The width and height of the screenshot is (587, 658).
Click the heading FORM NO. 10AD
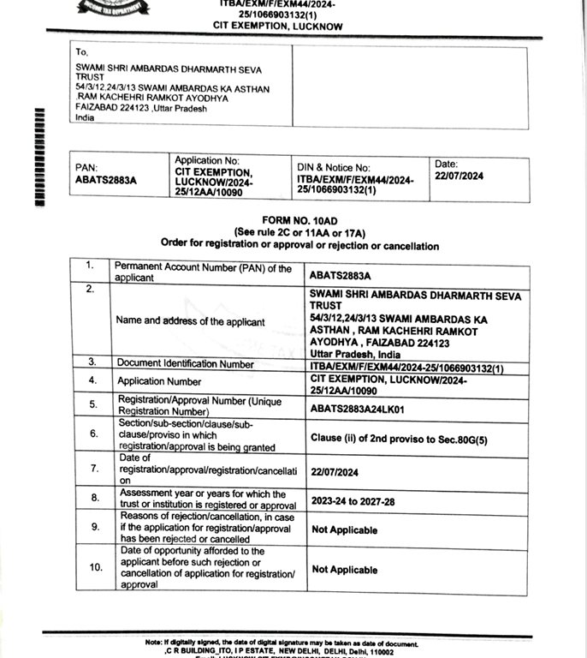(x=299, y=221)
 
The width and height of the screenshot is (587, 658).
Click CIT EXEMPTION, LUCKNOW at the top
(x=278, y=27)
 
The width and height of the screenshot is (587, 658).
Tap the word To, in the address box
(x=82, y=52)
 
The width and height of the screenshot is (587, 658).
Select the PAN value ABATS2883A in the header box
(x=106, y=180)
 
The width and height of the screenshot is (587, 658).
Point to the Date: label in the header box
(x=447, y=164)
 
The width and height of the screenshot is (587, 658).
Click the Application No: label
(x=207, y=160)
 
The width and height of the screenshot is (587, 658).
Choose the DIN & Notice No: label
(x=334, y=168)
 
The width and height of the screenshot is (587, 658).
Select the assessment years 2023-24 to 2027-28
(x=353, y=501)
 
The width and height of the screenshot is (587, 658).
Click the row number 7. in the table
(x=94, y=469)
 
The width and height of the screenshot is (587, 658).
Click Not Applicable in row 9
(x=344, y=530)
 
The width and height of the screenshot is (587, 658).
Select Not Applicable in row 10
(x=344, y=570)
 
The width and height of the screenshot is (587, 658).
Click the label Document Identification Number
(x=186, y=364)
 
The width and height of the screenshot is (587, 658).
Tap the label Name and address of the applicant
(x=191, y=322)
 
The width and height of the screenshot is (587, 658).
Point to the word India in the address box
(x=85, y=118)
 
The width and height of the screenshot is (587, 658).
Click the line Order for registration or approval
(x=299, y=245)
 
